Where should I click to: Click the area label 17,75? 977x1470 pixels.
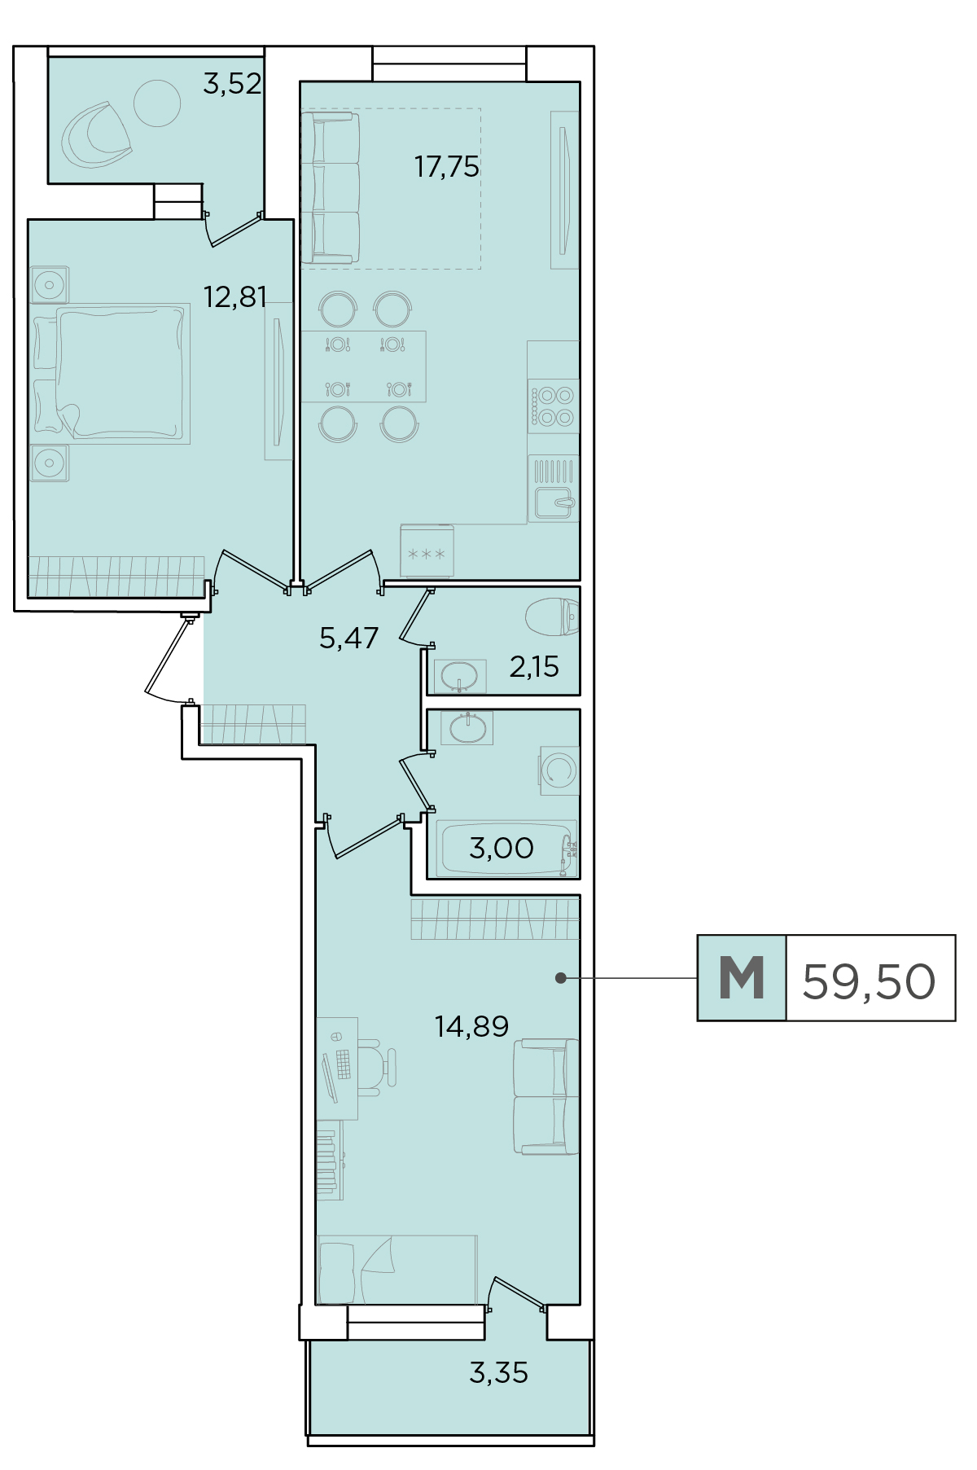pos(447,167)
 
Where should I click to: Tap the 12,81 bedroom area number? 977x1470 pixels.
pos(235,297)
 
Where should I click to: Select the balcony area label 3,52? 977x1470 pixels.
pos(232,84)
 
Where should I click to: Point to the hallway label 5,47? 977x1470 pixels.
pos(349,638)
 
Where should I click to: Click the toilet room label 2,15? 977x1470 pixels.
pos(534,667)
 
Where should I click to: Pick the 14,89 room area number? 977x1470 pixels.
pos(472,1026)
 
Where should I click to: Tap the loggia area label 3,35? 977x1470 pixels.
pos(499,1373)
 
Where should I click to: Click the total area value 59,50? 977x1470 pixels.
pos(869,981)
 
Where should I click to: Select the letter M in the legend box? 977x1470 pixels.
pos(742,978)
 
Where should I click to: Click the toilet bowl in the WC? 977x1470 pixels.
pos(553,617)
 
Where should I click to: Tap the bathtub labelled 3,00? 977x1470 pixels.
pos(506,849)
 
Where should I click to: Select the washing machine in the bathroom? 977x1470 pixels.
pos(559,770)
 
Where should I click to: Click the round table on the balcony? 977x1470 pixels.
pos(156,103)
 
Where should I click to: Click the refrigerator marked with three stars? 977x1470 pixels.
pos(427,552)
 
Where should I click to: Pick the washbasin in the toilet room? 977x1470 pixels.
pos(460,676)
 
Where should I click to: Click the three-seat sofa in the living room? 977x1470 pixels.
pos(330,188)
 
